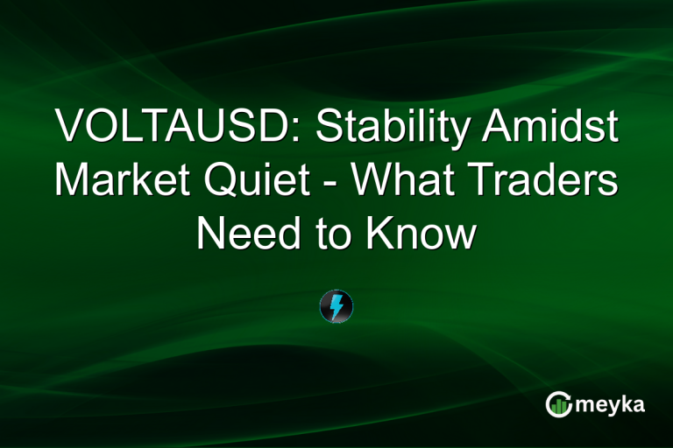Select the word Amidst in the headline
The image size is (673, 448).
(551, 128)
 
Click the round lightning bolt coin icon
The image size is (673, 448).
(336, 305)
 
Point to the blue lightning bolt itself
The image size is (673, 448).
(336, 305)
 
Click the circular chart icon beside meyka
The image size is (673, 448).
(558, 403)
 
